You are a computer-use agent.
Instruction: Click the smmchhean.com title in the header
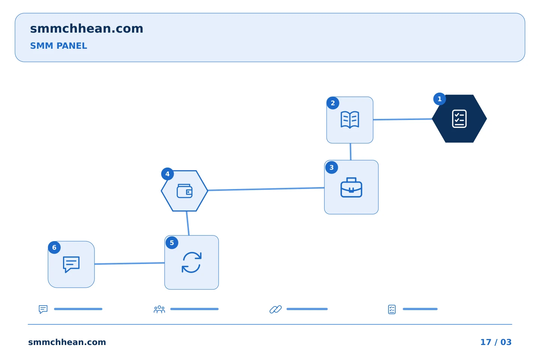coord(87,29)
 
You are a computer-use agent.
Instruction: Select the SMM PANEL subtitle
coord(58,46)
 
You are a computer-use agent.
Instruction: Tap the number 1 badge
coord(439,99)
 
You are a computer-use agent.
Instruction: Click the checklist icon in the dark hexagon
coord(459,118)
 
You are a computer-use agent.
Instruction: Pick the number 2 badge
coord(333,103)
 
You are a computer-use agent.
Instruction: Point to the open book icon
coord(350,120)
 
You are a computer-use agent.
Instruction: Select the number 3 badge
coord(332,167)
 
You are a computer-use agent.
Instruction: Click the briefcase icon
coord(351,187)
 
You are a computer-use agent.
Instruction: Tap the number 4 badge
coord(168,174)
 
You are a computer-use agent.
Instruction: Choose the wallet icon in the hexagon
coord(184,191)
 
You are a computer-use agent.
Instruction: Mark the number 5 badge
coord(172,243)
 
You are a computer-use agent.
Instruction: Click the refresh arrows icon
coord(192,262)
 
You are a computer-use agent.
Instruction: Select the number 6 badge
coord(54,247)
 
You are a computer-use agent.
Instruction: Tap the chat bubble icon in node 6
coord(71,264)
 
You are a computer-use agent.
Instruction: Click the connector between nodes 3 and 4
coord(266,189)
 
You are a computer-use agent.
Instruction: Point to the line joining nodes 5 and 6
coord(130,263)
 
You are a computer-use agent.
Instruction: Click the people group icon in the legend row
coord(159,309)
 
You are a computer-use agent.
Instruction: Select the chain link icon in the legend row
coord(276,309)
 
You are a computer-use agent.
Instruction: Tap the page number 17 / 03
coord(496,342)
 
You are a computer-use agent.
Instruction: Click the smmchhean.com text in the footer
coord(67,342)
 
